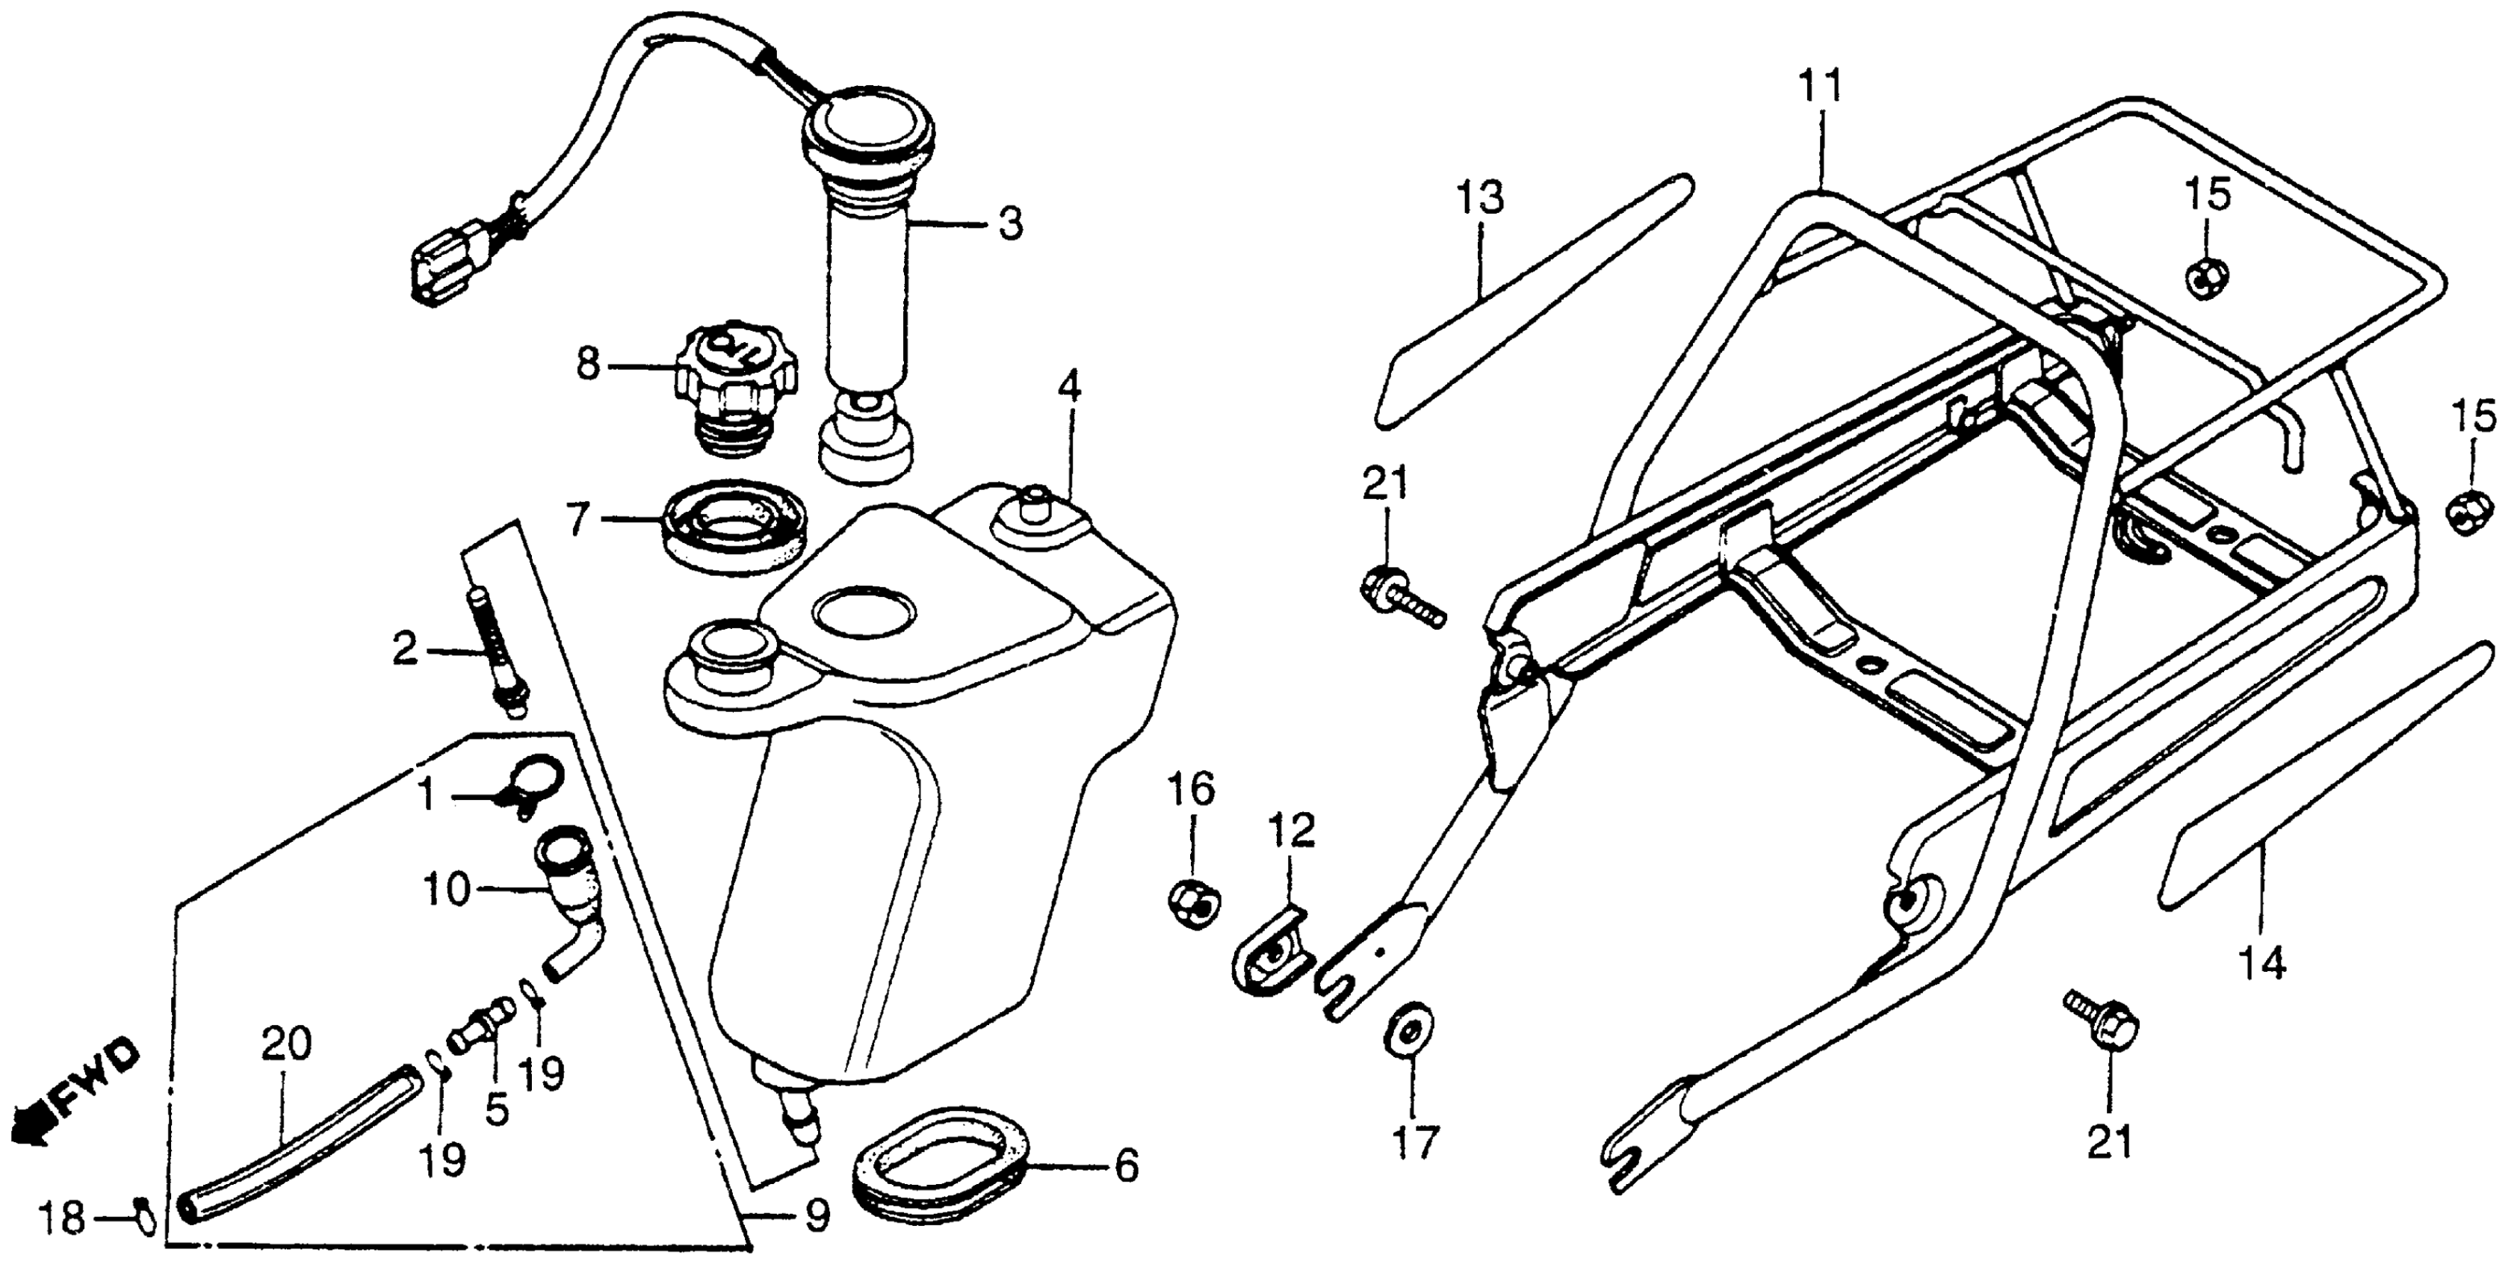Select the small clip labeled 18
click(143, 1215)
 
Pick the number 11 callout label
click(1820, 87)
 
